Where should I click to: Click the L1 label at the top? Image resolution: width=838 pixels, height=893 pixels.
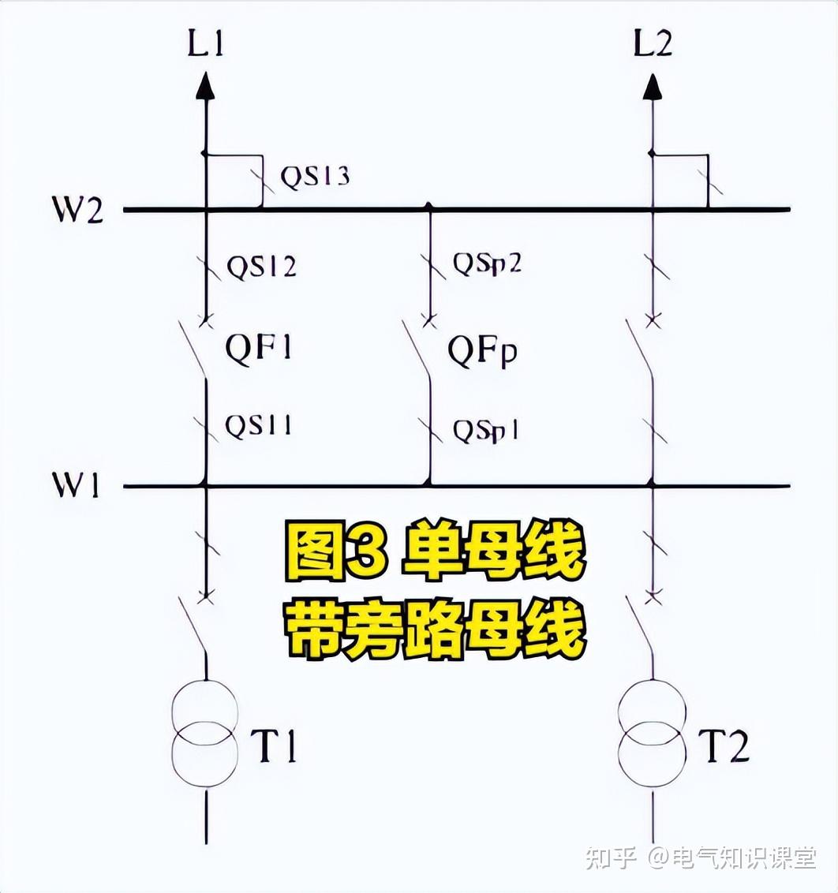pyautogui.click(x=205, y=44)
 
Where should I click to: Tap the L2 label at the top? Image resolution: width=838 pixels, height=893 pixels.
pyautogui.click(x=653, y=44)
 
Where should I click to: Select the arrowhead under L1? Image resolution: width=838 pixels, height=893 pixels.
pyautogui.click(x=205, y=85)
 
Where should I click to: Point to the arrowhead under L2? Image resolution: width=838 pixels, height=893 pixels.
pyautogui.click(x=653, y=85)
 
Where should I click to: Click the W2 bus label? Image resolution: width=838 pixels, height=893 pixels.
pyautogui.click(x=79, y=211)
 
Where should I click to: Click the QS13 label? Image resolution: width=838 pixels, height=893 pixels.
pyautogui.click(x=316, y=176)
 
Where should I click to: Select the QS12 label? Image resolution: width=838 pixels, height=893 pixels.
pyautogui.click(x=262, y=267)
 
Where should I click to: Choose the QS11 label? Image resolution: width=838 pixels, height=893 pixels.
pyautogui.click(x=259, y=425)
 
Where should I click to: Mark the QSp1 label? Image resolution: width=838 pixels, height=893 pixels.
pyautogui.click(x=485, y=431)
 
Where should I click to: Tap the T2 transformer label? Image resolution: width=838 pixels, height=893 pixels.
pyautogui.click(x=723, y=746)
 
